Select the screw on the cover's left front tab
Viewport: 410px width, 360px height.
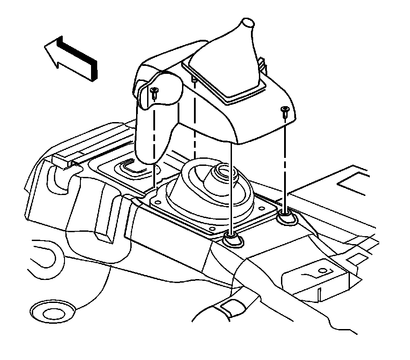point(154,93)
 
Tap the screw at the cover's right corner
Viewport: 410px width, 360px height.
point(284,111)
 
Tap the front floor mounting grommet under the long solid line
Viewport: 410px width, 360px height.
point(232,240)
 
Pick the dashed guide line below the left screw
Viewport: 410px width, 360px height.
point(154,142)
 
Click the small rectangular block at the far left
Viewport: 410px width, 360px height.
point(61,160)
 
